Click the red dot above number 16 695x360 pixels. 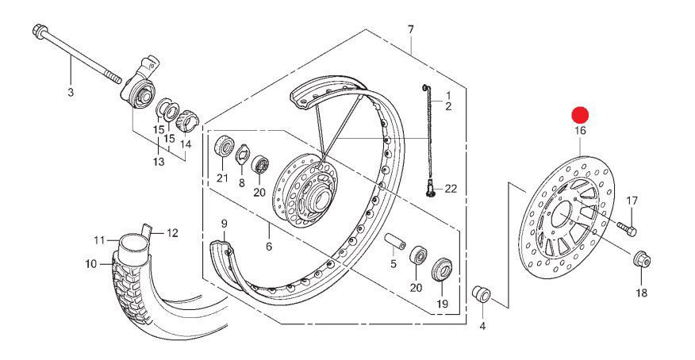(580, 116)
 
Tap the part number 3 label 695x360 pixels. (71, 93)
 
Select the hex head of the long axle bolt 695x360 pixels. (38, 31)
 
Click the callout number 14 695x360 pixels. (186, 144)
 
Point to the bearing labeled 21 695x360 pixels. (225, 146)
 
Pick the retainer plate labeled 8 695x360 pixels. (242, 154)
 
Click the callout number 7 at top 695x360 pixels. (410, 29)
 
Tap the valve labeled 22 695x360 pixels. (430, 190)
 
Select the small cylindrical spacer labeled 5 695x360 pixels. (395, 240)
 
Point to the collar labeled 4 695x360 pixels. (482, 293)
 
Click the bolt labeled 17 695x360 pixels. (627, 229)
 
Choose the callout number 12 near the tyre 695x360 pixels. (172, 233)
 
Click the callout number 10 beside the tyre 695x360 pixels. (91, 264)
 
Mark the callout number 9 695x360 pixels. (224, 223)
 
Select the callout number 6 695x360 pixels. (269, 246)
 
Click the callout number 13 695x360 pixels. (159, 162)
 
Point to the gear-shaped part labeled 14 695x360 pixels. (187, 121)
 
